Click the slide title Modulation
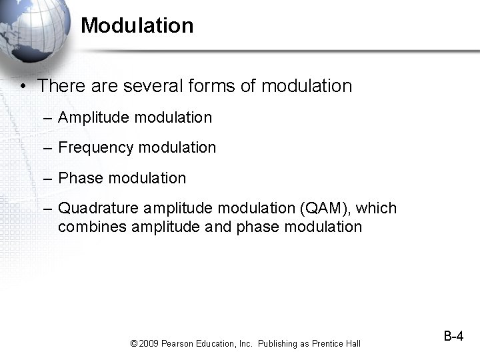point(137,26)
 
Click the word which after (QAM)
point(376,209)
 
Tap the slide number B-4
point(453,337)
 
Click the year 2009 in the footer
point(149,344)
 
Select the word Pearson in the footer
point(177,344)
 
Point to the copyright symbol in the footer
point(134,344)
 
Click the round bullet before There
point(23,87)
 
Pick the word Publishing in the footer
point(277,344)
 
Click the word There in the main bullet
point(58,86)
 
